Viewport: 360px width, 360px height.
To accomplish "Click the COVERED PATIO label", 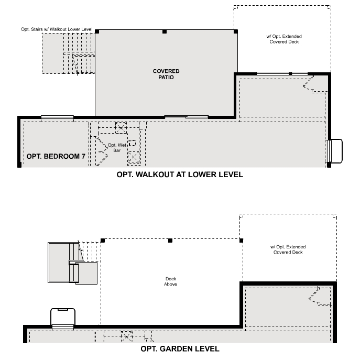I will [x=166, y=74].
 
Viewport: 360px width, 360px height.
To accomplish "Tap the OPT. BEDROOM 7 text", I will [x=56, y=156].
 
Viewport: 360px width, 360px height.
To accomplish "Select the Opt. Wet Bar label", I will [x=116, y=147].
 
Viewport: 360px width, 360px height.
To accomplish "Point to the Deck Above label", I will [x=171, y=281].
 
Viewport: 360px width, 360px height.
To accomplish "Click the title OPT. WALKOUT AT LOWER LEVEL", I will [x=180, y=175].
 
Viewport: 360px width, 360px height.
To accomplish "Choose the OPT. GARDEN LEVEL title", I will [x=180, y=348].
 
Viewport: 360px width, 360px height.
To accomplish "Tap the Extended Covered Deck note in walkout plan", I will [x=284, y=39].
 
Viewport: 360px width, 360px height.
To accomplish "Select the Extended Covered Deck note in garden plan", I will [x=288, y=249].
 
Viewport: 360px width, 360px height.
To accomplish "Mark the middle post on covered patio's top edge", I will [x=165, y=31].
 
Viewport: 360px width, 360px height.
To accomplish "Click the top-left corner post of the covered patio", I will [x=97, y=31].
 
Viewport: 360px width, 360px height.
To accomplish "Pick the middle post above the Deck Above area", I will [x=170, y=241].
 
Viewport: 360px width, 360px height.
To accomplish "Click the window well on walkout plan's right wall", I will [x=334, y=151].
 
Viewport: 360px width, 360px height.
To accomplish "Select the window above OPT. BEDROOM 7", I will [x=57, y=117].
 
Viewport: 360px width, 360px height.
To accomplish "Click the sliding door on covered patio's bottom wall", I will [x=186, y=116].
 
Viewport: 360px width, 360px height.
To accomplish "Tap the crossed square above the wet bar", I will [x=121, y=126].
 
